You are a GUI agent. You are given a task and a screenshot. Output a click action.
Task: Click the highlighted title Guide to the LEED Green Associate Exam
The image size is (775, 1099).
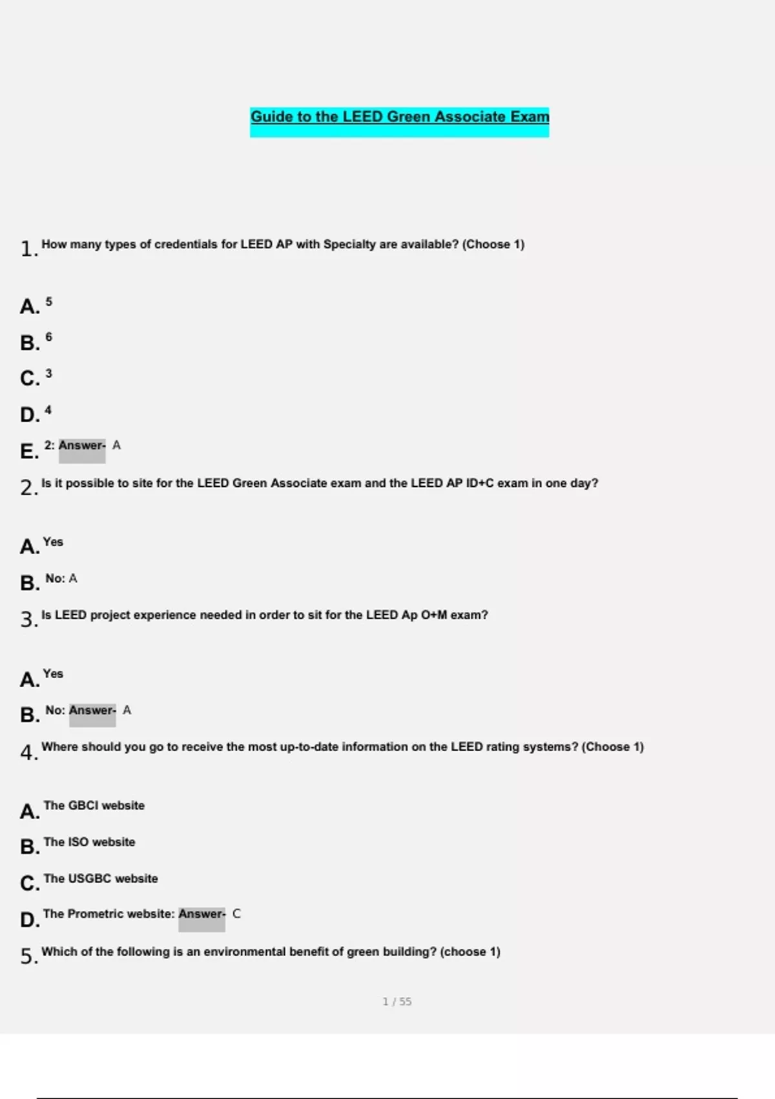pos(400,117)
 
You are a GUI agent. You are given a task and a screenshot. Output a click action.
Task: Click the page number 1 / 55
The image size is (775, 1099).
pos(397,1001)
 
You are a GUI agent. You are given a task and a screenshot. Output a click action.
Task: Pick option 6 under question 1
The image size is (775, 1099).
pos(48,337)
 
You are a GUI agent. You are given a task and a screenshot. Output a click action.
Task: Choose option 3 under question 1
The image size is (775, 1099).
pos(48,374)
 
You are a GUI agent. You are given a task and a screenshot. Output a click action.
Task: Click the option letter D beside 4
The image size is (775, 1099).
pos(30,414)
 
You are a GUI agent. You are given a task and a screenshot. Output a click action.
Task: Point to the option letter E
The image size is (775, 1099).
pos(29,451)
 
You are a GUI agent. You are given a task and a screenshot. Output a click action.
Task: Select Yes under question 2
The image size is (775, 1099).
pos(53,542)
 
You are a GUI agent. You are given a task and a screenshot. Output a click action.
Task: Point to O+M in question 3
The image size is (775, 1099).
pos(433,615)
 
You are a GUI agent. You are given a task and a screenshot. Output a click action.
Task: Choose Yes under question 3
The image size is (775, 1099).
pos(53,674)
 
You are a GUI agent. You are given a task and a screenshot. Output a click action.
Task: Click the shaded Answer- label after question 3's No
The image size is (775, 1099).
pos(92,710)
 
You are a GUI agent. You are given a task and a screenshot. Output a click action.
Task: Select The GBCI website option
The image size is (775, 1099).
pos(94,806)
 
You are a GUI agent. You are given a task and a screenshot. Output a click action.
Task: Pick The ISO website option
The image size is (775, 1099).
pos(89,842)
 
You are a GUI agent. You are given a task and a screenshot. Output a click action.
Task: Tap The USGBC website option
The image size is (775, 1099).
pos(100,879)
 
